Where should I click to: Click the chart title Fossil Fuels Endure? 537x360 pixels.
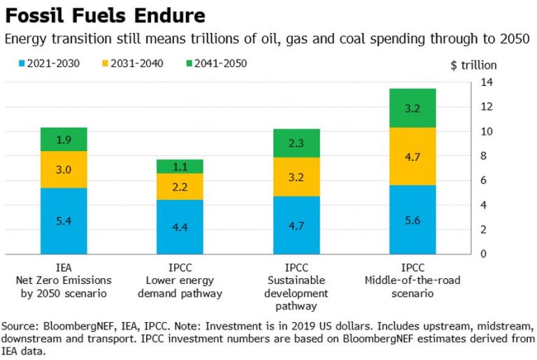tap(106, 15)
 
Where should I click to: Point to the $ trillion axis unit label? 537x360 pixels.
tap(473, 65)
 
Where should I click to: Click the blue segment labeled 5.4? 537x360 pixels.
tap(64, 221)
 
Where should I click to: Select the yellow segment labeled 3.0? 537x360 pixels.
tap(64, 169)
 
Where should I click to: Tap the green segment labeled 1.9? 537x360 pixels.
tap(64, 139)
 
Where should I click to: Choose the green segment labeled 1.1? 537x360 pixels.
tap(180, 166)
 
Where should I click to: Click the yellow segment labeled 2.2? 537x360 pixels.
tap(180, 187)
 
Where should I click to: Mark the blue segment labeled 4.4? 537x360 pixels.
tap(180, 226)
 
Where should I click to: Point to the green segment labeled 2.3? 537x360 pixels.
tap(296, 143)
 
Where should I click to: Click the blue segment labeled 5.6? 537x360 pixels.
tap(413, 219)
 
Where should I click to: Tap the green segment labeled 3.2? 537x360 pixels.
tap(413, 108)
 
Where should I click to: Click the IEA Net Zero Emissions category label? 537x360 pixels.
tap(64, 280)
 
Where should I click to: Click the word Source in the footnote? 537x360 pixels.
tap(20, 326)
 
